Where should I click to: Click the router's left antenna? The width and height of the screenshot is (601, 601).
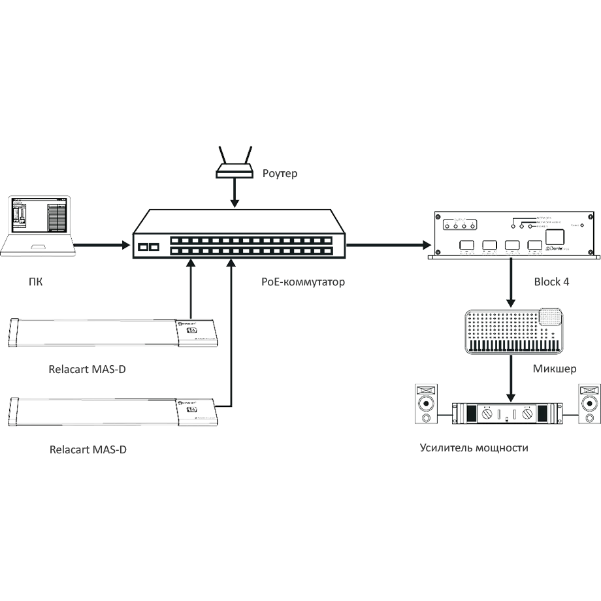tap(222, 155)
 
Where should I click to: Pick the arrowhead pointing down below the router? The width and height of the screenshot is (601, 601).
tap(235, 204)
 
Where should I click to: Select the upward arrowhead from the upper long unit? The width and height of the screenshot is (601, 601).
tap(190, 263)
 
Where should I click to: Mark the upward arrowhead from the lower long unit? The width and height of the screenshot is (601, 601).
tap(231, 263)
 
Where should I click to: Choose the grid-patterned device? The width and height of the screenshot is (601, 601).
tap(513, 330)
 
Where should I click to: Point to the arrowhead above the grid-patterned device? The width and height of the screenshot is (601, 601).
tap(511, 303)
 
